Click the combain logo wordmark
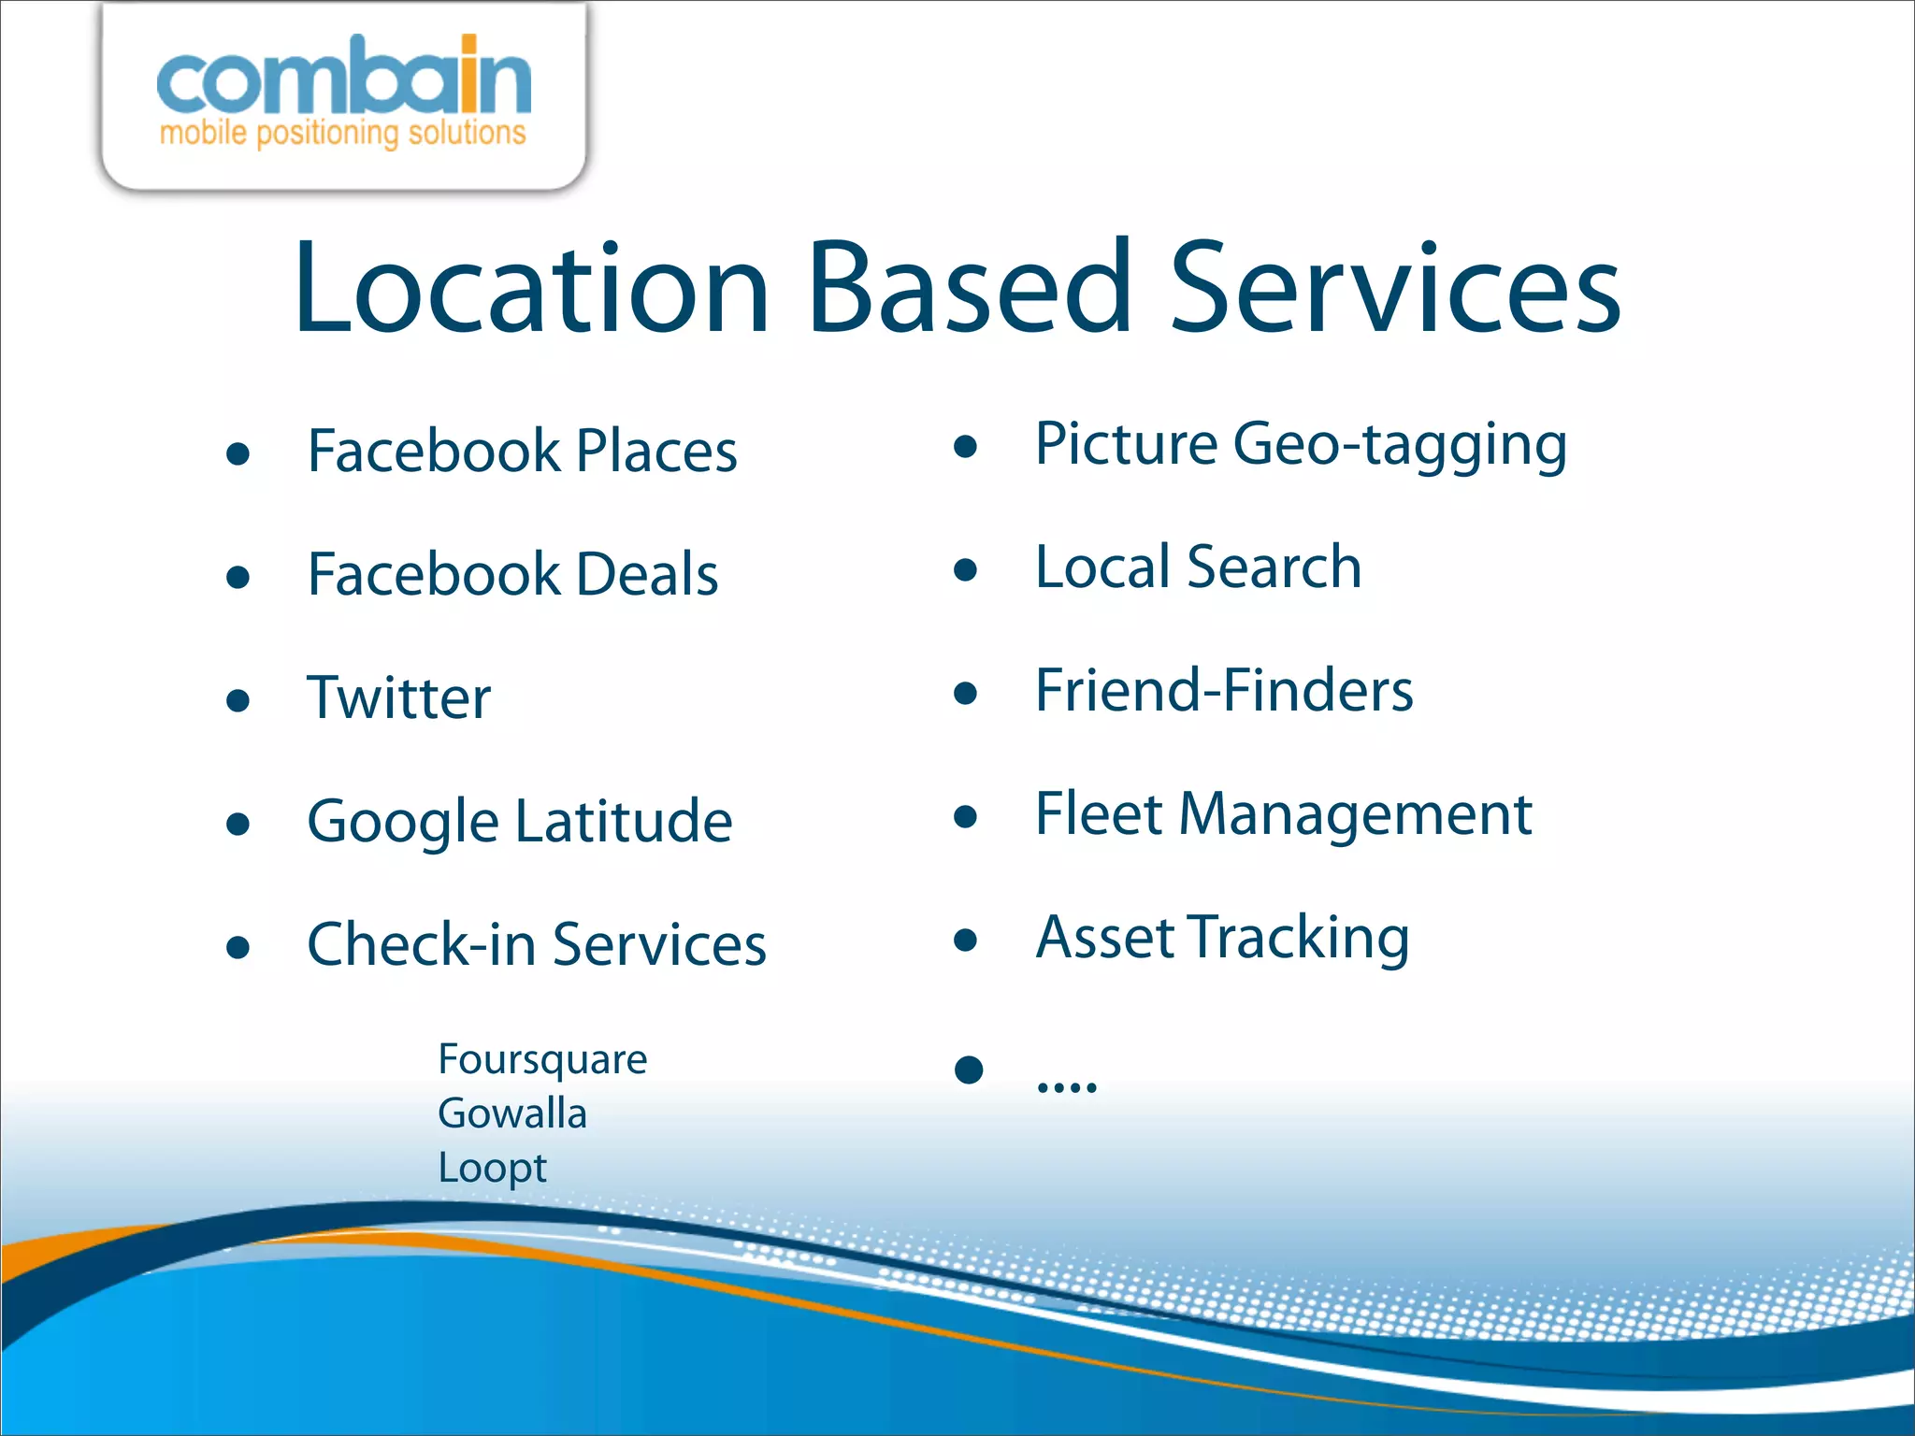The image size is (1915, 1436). pyautogui.click(x=343, y=77)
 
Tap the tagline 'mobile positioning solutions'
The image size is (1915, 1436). pyautogui.click(x=343, y=133)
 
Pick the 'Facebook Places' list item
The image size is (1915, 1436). pyautogui.click(x=522, y=452)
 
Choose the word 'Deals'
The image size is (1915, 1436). pyautogui.click(x=647, y=574)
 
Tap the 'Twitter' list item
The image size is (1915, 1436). pyautogui.click(x=399, y=698)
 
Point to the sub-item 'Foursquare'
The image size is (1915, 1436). pyautogui.click(x=542, y=1060)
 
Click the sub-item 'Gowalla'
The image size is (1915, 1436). pyautogui.click(x=512, y=1113)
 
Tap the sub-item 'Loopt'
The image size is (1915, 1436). pyautogui.click(x=492, y=1169)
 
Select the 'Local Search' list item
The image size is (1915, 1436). pyautogui.click(x=1198, y=567)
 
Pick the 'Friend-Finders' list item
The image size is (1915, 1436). pyautogui.click(x=1224, y=691)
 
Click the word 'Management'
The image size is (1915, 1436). pyautogui.click(x=1355, y=814)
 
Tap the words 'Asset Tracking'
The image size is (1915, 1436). pyautogui.click(x=1222, y=938)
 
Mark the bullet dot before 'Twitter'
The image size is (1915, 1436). pyautogui.click(x=238, y=700)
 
